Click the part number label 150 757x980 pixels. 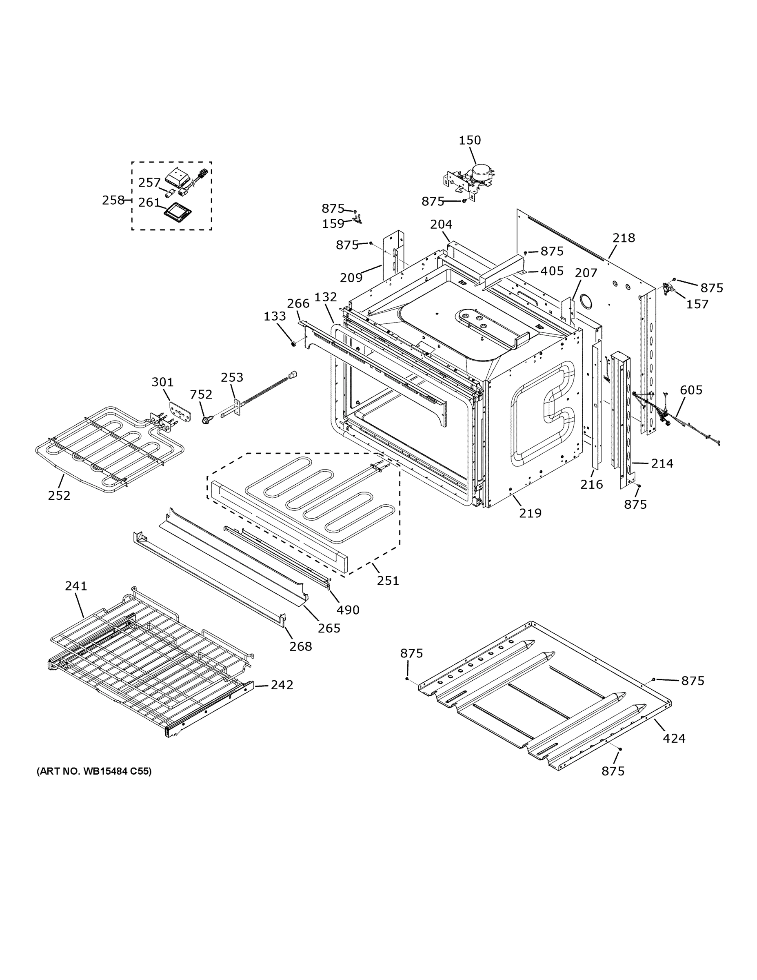coord(470,140)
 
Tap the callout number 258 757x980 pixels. coord(113,200)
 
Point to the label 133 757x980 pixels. coord(275,316)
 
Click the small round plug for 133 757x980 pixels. coord(293,344)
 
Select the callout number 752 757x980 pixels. coord(201,394)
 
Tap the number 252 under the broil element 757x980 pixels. coord(59,495)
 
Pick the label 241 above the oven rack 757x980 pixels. coord(76,586)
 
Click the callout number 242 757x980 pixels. coord(282,685)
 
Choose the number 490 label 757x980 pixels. coord(348,610)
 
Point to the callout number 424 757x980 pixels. coord(674,738)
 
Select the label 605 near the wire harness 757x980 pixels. coord(690,390)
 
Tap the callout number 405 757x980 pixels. coord(552,271)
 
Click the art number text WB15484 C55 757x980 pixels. coord(94,771)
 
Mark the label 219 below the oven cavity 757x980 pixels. coord(530,513)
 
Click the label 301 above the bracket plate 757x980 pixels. coord(162,382)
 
